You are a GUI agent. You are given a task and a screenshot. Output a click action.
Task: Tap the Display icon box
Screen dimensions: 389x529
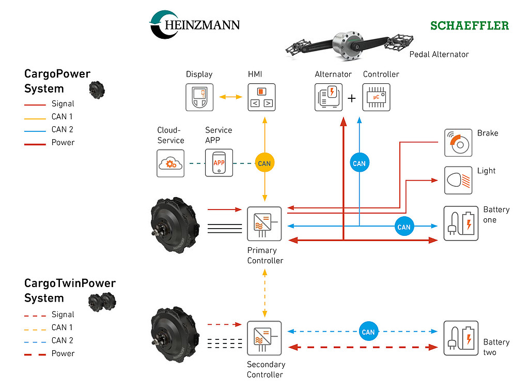199,97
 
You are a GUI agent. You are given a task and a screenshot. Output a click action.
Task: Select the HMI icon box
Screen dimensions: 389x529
261,97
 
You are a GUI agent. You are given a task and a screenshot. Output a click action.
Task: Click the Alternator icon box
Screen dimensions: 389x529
329,97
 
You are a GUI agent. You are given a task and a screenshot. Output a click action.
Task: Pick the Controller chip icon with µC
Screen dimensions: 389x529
377,97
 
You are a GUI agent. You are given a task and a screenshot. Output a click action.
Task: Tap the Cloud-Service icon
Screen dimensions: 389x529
170,163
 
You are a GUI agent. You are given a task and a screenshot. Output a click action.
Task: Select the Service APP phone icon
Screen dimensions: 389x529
219,163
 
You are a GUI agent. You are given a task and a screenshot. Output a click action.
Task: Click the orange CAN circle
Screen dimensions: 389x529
264,163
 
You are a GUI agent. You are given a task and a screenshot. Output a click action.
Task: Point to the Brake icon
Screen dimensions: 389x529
458,143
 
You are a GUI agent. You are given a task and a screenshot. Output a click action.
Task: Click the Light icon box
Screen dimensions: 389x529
458,180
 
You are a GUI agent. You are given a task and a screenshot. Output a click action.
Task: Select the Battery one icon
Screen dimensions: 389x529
461,223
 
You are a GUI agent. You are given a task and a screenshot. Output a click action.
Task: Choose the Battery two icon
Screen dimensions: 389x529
461,338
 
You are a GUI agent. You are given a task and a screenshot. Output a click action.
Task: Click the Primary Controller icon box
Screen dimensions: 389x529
264,223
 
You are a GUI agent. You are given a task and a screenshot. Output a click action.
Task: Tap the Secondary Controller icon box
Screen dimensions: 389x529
264,338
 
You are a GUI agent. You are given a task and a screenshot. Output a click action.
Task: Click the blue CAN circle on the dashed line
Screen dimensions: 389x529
368,332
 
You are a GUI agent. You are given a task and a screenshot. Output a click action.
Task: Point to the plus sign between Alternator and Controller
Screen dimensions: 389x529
352,98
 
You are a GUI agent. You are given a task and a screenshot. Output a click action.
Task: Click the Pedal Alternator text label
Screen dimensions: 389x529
439,54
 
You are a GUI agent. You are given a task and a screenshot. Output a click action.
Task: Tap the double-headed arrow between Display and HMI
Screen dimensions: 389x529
230,97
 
